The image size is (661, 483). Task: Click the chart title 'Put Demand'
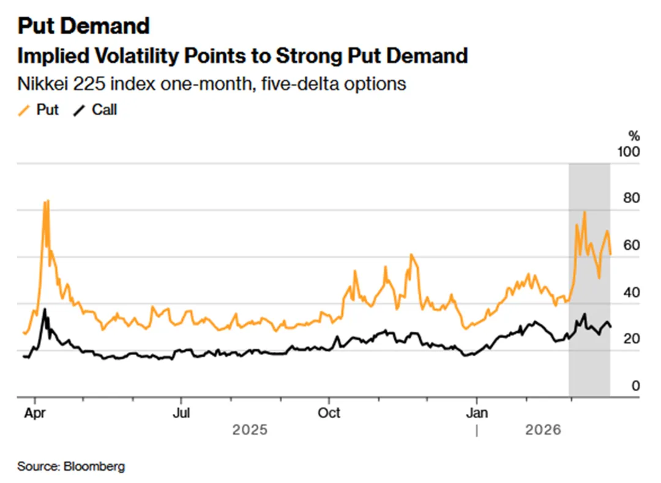pyautogui.click(x=83, y=26)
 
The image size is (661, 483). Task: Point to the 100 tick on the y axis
pyautogui.click(x=628, y=151)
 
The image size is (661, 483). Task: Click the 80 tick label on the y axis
pyautogui.click(x=630, y=198)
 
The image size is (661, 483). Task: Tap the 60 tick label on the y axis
pyautogui.click(x=630, y=245)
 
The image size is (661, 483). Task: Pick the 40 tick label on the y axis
pyautogui.click(x=630, y=292)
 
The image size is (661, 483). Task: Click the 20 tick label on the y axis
pyautogui.click(x=630, y=339)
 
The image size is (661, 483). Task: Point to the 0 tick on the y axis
pyautogui.click(x=635, y=386)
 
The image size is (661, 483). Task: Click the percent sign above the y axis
pyautogui.click(x=633, y=135)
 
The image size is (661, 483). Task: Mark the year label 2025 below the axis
pyautogui.click(x=250, y=430)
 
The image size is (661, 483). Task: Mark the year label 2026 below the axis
pyautogui.click(x=543, y=430)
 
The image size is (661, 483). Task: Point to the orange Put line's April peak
pyautogui.click(x=45, y=201)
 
